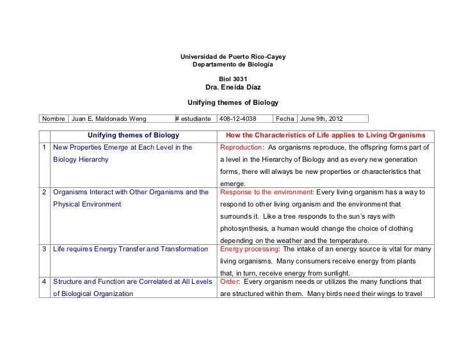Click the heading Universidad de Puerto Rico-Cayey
[x=232, y=58]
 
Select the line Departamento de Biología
[x=232, y=66]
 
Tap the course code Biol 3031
[x=232, y=79]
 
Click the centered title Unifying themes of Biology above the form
[x=232, y=102]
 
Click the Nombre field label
[x=54, y=119]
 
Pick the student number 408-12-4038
[x=238, y=119]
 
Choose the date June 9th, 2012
[x=325, y=119]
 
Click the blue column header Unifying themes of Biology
[x=133, y=136]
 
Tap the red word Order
[x=229, y=282]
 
